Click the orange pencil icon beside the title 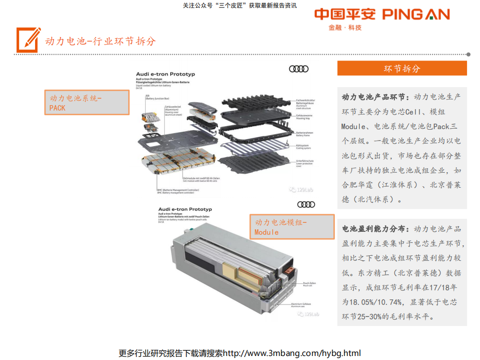click(x=28, y=40)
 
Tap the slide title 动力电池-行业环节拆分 click(x=100, y=41)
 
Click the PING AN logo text click(x=415, y=14)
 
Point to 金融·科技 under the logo click(x=345, y=28)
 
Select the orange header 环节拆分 click(x=401, y=69)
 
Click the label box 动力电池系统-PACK click(x=87, y=103)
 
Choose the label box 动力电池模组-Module click(x=292, y=227)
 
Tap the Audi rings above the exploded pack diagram click(x=299, y=69)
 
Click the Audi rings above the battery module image click(x=306, y=204)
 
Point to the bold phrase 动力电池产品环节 click(x=375, y=97)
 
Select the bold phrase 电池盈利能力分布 click(x=375, y=229)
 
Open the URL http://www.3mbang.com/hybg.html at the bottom click(x=291, y=353)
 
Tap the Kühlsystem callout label click(x=303, y=146)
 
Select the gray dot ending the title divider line click(x=468, y=54)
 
